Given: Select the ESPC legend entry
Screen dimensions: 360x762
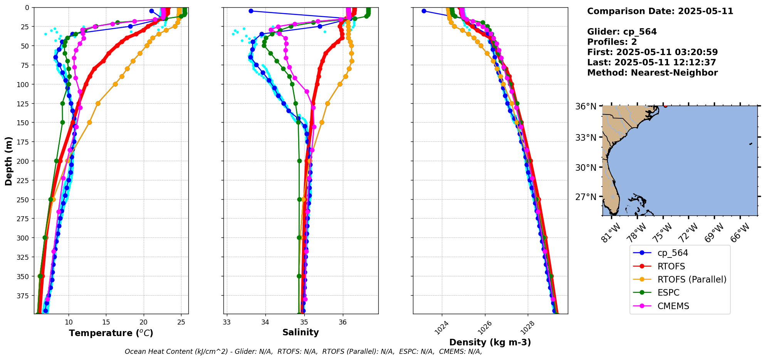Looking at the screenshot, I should point(668,293).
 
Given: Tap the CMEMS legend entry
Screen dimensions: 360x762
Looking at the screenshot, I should point(673,306).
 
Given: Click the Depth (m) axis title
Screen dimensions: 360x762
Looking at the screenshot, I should point(8,161).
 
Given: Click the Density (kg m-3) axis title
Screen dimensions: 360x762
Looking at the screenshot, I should point(490,342).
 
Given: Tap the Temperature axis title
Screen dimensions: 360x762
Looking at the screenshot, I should point(111,333).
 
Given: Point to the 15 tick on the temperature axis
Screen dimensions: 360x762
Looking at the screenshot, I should point(106,322).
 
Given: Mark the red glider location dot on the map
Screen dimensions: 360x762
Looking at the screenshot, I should point(665,106).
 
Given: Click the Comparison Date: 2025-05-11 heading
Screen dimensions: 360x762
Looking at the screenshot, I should point(660,11).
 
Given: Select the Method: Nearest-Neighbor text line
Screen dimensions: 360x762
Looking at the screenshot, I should point(652,73).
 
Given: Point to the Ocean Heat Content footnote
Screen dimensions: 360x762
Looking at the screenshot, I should point(303,352).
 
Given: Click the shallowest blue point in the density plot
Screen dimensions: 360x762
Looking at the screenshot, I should point(424,11).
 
